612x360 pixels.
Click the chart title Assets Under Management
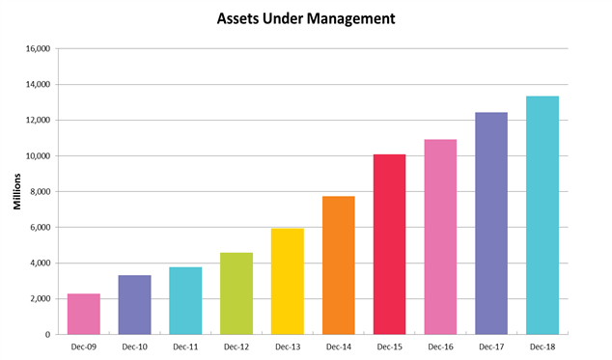pos(305,17)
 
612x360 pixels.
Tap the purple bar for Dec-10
pos(134,304)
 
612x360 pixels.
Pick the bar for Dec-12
pos(236,293)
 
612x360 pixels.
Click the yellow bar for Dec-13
pos(288,281)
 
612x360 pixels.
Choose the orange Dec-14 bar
pos(338,265)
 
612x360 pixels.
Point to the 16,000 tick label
pos(36,49)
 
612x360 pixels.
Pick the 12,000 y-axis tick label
pos(36,121)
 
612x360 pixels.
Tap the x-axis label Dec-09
pos(83,346)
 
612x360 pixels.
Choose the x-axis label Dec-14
pos(338,346)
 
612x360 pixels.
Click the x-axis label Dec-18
pos(542,346)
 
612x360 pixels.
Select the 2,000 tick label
pos(39,299)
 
